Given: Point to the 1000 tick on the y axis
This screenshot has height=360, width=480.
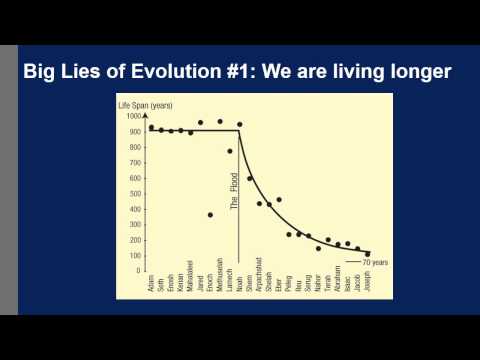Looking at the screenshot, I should pyautogui.click(x=134, y=116).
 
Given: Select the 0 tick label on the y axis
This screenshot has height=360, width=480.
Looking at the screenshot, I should pyautogui.click(x=139, y=270).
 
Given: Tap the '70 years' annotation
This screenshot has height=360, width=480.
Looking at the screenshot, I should pyautogui.click(x=375, y=262).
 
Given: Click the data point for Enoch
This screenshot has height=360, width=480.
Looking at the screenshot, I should pyautogui.click(x=210, y=215).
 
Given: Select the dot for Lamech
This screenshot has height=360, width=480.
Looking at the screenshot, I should pyautogui.click(x=230, y=151).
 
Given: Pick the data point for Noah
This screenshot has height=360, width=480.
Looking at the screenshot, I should pyautogui.click(x=240, y=125).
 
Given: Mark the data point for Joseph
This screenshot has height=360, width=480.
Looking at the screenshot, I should pyautogui.click(x=367, y=254).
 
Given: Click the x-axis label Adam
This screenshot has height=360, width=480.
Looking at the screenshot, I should pyautogui.click(x=151, y=285).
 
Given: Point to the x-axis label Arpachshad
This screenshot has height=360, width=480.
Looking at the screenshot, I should pyautogui.click(x=259, y=293).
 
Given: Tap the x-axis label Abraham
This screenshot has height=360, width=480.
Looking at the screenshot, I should pyautogui.click(x=338, y=290).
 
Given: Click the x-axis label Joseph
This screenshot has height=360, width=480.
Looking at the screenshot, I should pyautogui.click(x=367, y=287).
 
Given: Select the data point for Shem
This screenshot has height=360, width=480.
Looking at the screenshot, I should pyautogui.click(x=249, y=178).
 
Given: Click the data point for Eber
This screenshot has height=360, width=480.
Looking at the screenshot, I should pyautogui.click(x=279, y=200).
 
